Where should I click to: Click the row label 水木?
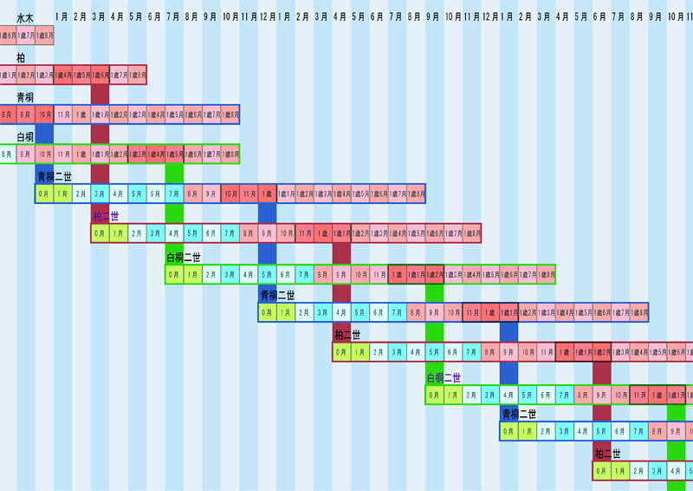[25, 17]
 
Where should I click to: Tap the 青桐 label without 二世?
[25, 97]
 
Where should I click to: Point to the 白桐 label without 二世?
[25, 137]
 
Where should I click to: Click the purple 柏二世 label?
[106, 216]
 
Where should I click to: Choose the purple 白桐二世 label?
[443, 377]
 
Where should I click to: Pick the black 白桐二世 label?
[184, 257]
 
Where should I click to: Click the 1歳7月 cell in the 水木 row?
[26, 36]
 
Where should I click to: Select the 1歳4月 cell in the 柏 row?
[63, 75]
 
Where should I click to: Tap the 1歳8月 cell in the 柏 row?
[137, 75]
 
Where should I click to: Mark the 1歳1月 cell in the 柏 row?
[8, 75]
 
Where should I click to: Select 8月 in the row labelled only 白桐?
[8, 154]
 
